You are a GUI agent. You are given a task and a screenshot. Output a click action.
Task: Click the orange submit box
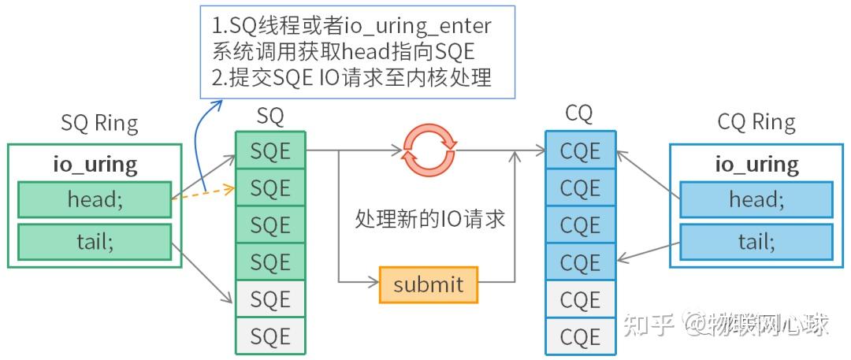(x=428, y=284)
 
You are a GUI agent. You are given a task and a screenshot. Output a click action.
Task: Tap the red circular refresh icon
(x=429, y=150)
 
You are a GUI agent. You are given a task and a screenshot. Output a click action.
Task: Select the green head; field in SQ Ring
(x=95, y=200)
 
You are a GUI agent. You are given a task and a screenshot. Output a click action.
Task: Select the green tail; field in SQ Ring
(x=95, y=242)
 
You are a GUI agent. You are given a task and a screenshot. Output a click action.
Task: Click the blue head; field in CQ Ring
(x=756, y=200)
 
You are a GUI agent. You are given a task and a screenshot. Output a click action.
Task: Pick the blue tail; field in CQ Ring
(x=756, y=242)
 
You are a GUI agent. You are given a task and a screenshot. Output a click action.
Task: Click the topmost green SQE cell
(x=270, y=151)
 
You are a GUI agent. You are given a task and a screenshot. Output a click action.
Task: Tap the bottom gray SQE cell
(x=270, y=337)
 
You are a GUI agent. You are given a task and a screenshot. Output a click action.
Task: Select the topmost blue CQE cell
(x=580, y=151)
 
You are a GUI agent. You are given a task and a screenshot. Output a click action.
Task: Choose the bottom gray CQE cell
(x=580, y=337)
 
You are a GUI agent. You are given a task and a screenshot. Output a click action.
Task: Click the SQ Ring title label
(x=99, y=124)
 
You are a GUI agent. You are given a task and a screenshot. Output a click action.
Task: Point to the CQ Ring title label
(x=756, y=123)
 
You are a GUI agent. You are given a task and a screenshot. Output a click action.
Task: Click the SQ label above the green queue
(x=270, y=117)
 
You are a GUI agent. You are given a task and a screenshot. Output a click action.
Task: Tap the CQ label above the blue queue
(x=578, y=114)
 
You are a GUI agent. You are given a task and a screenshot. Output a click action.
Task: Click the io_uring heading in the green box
(x=95, y=165)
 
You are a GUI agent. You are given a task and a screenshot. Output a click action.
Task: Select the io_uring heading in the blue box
(x=756, y=165)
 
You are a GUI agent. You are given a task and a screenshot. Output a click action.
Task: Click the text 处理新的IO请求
(x=430, y=218)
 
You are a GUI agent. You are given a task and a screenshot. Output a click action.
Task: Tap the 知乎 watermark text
(x=648, y=324)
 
